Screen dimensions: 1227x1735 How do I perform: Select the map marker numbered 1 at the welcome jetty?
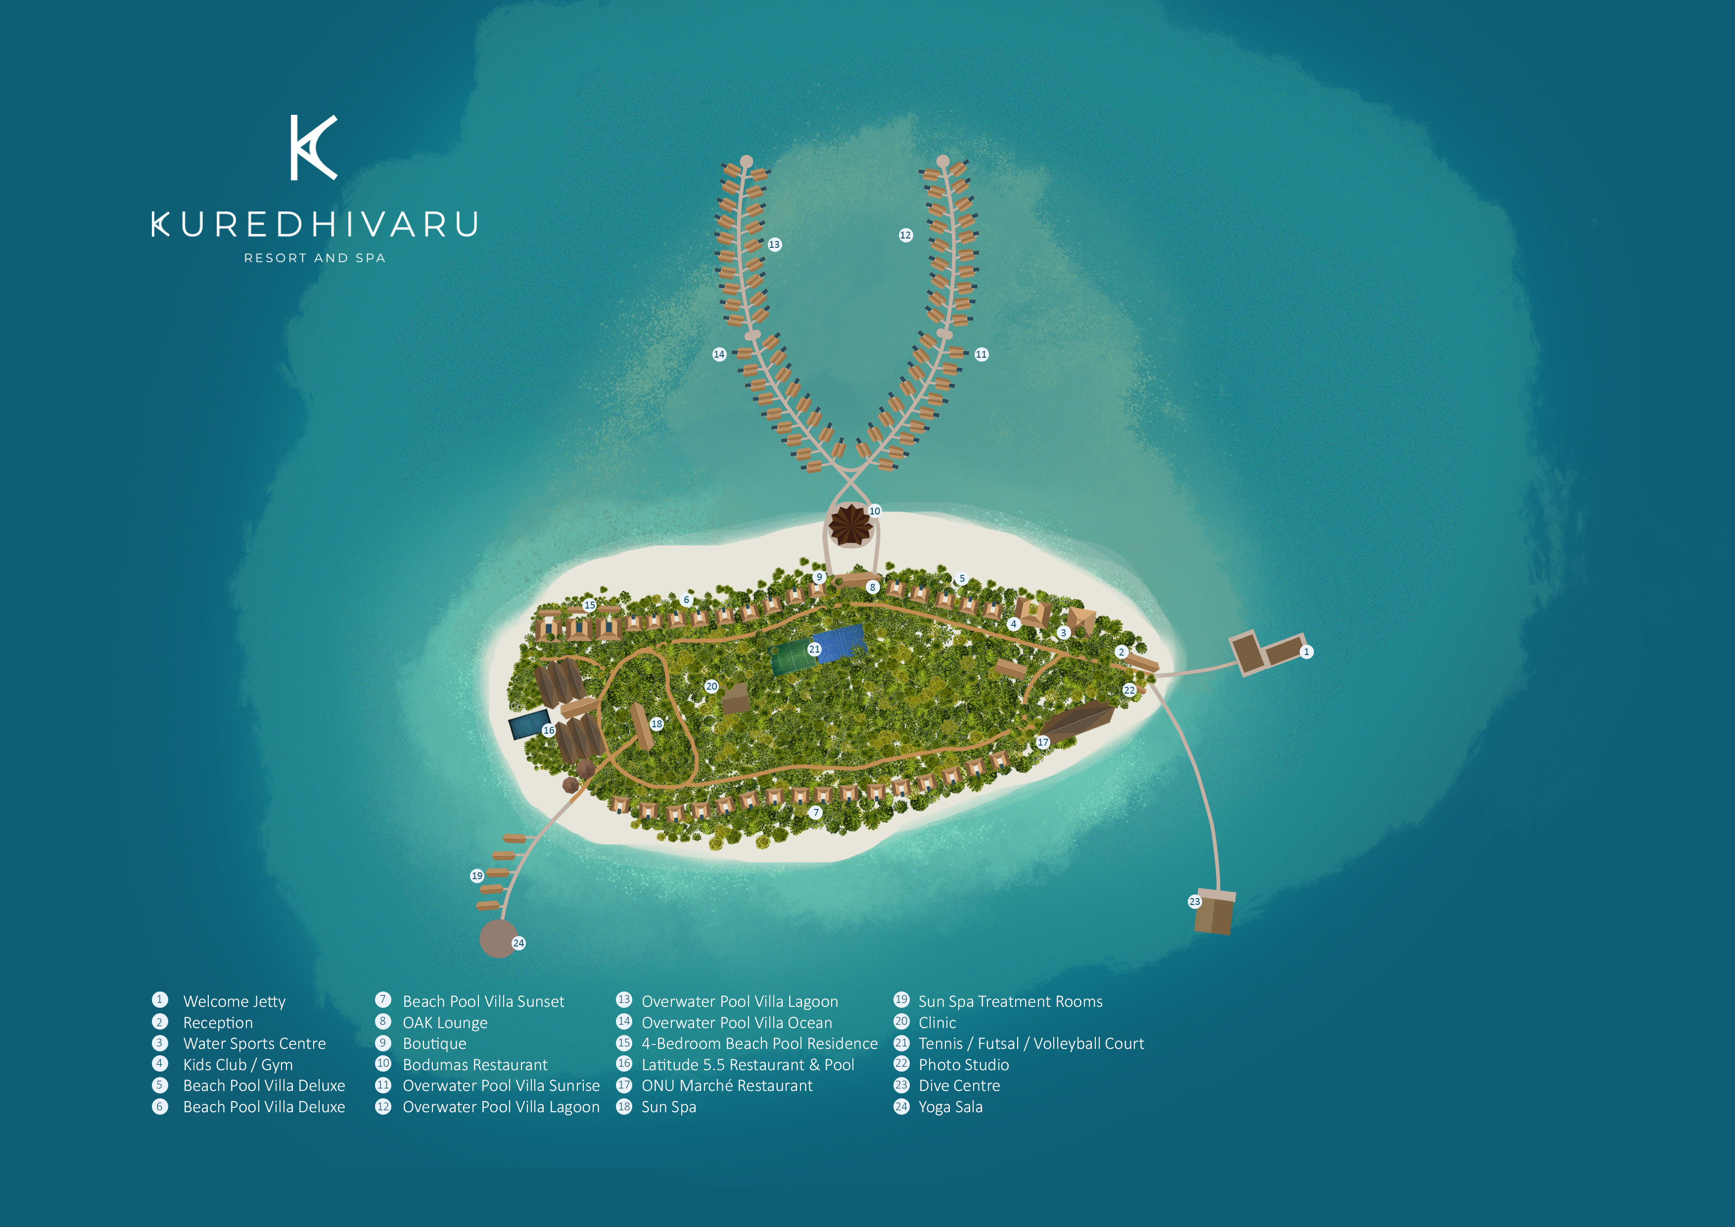tap(1307, 651)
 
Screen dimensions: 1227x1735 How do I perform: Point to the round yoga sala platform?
tap(498, 939)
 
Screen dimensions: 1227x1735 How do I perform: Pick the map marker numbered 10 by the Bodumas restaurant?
tap(874, 511)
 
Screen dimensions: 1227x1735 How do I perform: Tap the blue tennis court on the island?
tap(841, 643)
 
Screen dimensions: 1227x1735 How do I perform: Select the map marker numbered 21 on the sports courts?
tap(814, 649)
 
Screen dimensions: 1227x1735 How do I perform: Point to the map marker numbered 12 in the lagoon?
tap(905, 235)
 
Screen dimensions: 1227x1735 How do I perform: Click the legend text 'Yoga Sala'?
tap(951, 1107)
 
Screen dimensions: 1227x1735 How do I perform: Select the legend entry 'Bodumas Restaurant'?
tap(474, 1065)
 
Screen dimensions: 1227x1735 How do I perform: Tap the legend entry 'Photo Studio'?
tap(963, 1065)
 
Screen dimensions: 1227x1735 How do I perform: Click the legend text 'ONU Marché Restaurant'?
tap(727, 1085)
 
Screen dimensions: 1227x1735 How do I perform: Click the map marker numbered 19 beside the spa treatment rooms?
tap(477, 876)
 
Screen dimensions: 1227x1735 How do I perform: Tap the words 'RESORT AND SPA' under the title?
tap(314, 258)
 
